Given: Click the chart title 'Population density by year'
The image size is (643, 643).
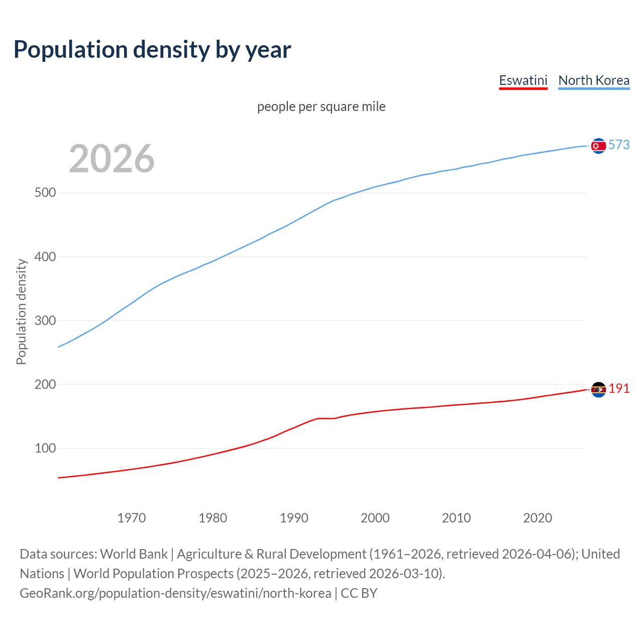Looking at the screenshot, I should (152, 50).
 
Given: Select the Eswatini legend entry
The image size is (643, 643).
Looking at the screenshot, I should (523, 80).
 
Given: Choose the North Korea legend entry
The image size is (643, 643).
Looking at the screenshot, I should (594, 80).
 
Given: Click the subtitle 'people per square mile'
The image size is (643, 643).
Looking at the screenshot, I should (321, 106).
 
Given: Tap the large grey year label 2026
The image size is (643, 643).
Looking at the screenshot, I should (112, 159).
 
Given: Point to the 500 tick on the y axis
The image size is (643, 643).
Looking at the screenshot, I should (45, 193).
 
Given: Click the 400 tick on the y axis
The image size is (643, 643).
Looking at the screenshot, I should (45, 257).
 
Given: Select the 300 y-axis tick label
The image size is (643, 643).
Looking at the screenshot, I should (45, 320).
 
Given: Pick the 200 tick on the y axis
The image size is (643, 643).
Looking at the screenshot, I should (45, 384).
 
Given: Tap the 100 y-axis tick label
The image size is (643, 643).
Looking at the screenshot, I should (45, 448).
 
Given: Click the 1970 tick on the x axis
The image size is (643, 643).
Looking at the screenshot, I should (132, 518).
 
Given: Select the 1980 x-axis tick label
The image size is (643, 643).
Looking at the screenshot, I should (213, 518).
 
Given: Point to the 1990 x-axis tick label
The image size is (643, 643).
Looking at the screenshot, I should (294, 518).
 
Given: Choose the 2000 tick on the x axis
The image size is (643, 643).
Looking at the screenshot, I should (375, 518).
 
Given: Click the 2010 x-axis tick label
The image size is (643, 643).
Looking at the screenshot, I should (456, 518).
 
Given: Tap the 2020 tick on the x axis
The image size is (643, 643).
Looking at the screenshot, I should (538, 518).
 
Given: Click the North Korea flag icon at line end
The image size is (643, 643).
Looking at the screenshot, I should (598, 146).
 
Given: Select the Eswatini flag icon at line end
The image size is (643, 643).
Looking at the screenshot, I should (598, 389).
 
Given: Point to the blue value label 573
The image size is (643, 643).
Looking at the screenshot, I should (619, 145).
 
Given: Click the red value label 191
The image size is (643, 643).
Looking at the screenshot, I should (619, 388).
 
